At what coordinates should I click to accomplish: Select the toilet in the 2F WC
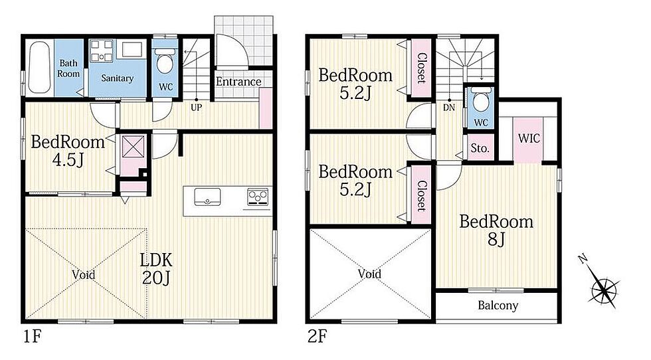(481, 99)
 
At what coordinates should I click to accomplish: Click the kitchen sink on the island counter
(207, 197)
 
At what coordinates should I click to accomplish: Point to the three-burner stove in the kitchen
(258, 197)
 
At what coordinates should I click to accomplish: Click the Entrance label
(238, 82)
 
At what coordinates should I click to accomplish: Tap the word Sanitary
(117, 78)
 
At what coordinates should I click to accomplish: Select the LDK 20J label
(156, 268)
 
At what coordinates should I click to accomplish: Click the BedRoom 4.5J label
(68, 150)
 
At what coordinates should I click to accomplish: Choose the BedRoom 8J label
(496, 230)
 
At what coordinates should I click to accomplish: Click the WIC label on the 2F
(529, 138)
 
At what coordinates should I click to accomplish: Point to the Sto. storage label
(480, 148)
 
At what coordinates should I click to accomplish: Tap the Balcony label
(498, 306)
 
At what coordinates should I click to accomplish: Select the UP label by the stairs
(197, 108)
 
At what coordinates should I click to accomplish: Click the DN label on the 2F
(449, 108)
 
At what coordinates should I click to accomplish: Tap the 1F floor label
(32, 336)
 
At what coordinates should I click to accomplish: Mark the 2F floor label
(318, 336)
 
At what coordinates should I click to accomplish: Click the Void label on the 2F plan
(369, 274)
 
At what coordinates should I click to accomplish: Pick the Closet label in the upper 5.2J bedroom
(421, 68)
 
